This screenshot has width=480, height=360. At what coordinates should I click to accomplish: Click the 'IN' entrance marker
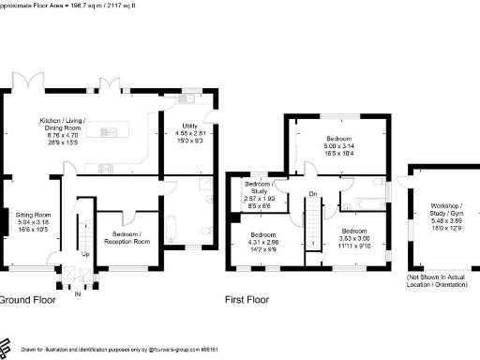click(78, 293)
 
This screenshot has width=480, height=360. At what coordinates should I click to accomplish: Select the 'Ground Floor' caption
click(26, 301)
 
